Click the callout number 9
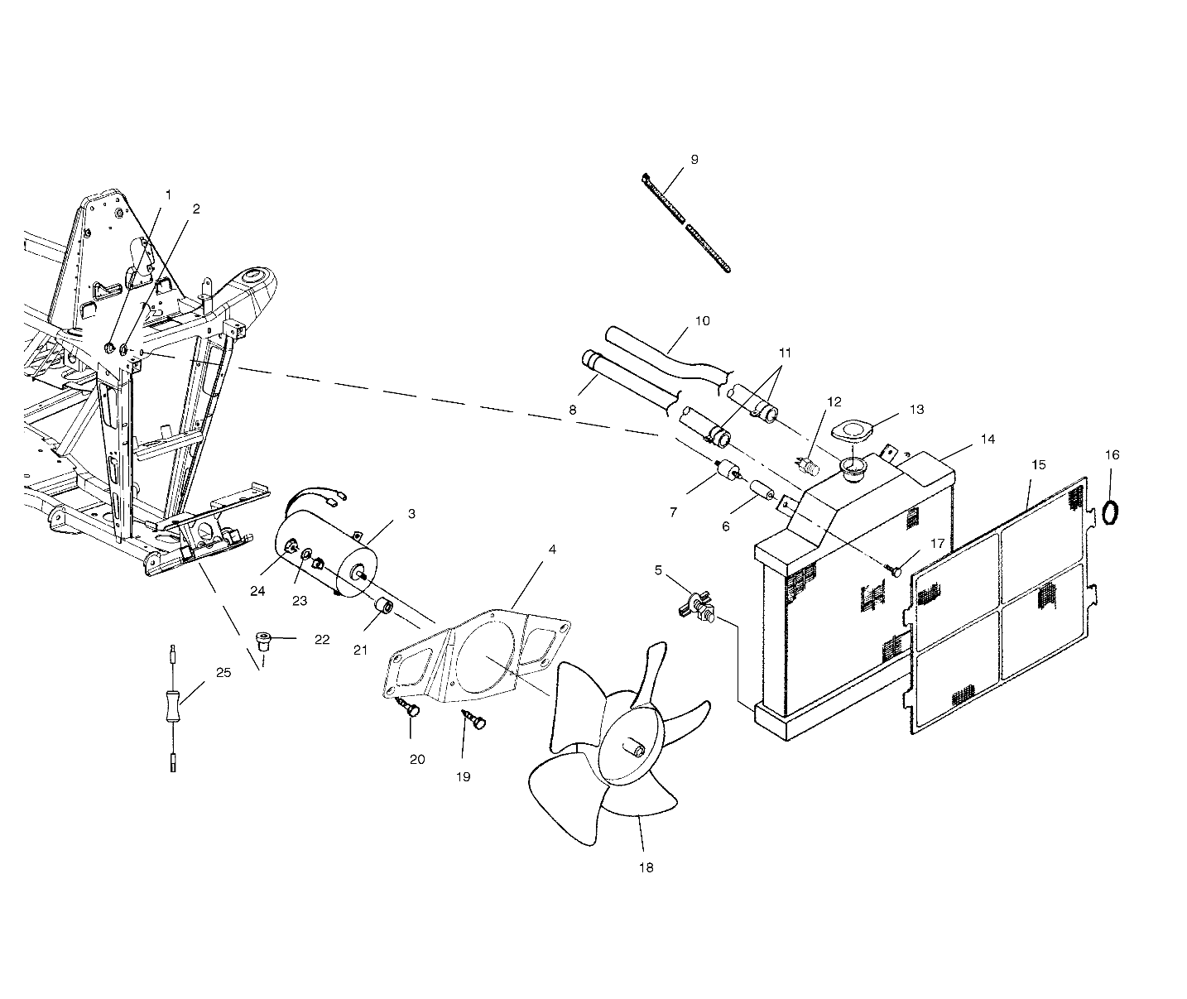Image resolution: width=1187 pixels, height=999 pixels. pos(694,160)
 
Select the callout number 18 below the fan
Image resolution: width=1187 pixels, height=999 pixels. pos(646,867)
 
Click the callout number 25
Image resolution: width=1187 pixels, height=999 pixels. pos(223,672)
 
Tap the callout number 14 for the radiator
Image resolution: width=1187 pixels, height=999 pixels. pos(988,439)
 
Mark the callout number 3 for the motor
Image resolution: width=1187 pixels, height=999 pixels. pos(411,513)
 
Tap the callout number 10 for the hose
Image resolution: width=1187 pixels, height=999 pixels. pos(702,321)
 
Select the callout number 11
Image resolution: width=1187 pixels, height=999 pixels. pos(785,353)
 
